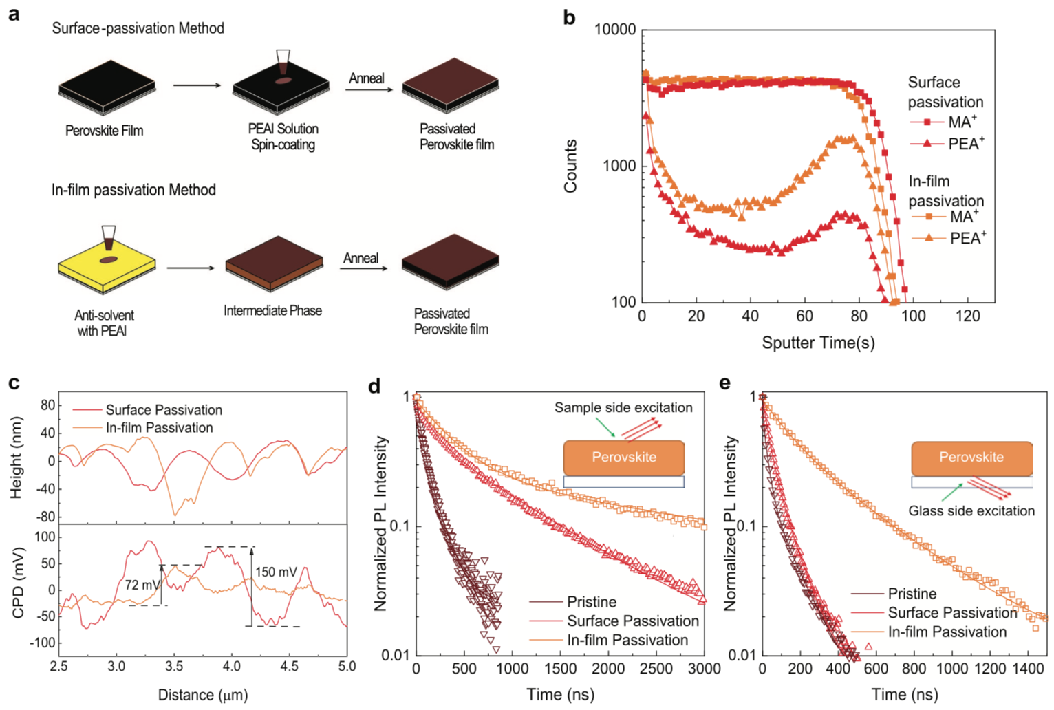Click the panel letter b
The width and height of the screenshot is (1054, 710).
pos(569,17)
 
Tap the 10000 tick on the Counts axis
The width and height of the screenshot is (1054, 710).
pos(616,30)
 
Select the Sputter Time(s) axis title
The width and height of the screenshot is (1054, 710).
pos(818,342)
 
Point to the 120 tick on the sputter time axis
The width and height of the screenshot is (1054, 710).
pos(967,316)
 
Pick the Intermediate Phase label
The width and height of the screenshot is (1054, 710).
pos(272,311)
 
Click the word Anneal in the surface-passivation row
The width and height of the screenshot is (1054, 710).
pos(366,78)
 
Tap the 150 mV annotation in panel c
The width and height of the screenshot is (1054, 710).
pos(277,572)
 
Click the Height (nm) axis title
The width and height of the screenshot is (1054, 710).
pos(17,458)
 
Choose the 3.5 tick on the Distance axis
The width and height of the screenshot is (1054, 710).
pos(174,667)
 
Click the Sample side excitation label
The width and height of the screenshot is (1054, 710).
pos(623,408)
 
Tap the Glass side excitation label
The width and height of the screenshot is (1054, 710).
pos(971,511)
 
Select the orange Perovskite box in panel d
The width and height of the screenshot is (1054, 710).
pos(623,458)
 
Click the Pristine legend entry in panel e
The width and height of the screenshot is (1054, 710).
pos(912,594)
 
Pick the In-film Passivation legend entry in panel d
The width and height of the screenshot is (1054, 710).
pos(627,641)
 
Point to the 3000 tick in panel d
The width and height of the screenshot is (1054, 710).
pos(704,669)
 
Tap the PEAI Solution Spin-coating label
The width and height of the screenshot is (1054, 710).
pos(283,137)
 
